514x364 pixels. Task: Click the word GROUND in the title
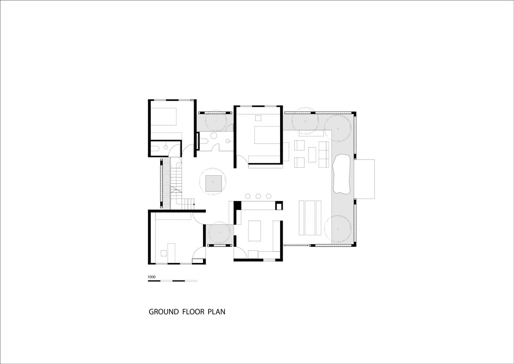(164, 312)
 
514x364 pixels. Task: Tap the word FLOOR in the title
(193, 312)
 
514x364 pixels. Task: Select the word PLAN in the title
(216, 312)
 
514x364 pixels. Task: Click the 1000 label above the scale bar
(152, 277)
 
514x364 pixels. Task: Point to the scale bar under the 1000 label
(172, 281)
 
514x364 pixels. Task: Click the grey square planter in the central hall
(213, 184)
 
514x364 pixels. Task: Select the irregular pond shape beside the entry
(341, 174)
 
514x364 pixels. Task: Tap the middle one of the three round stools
(258, 196)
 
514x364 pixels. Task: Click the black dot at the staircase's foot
(194, 204)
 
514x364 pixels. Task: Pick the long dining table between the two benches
(310, 218)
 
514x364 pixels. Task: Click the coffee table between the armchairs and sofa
(312, 155)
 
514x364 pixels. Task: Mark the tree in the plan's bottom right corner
(338, 229)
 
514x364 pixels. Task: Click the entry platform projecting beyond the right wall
(365, 179)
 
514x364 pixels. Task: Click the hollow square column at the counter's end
(279, 205)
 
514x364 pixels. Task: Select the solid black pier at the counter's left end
(238, 205)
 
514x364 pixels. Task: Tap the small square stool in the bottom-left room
(164, 253)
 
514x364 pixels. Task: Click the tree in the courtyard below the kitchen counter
(219, 232)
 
